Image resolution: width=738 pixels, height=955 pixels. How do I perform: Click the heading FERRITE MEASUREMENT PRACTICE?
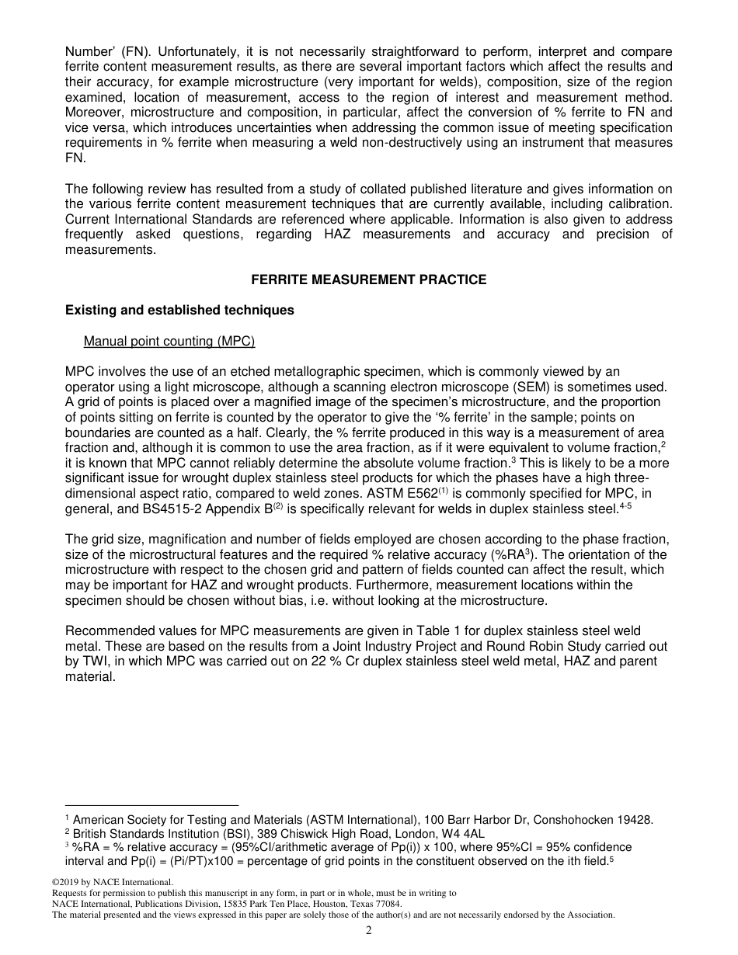[x=369, y=280]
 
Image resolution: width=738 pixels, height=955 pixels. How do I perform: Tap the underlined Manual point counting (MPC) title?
[x=169, y=341]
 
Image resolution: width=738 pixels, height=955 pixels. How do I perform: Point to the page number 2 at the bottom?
[x=369, y=931]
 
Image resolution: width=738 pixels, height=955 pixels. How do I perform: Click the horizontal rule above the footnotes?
[x=151, y=805]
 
